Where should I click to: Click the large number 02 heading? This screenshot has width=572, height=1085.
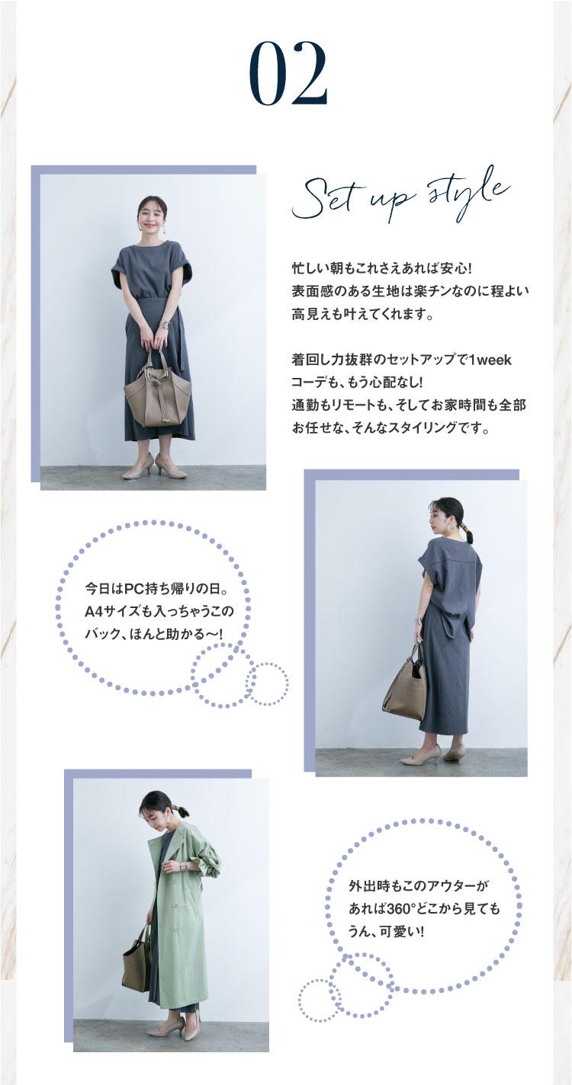288,74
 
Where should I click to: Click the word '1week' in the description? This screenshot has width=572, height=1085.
487,360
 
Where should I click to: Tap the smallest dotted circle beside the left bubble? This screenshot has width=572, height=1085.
267,683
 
